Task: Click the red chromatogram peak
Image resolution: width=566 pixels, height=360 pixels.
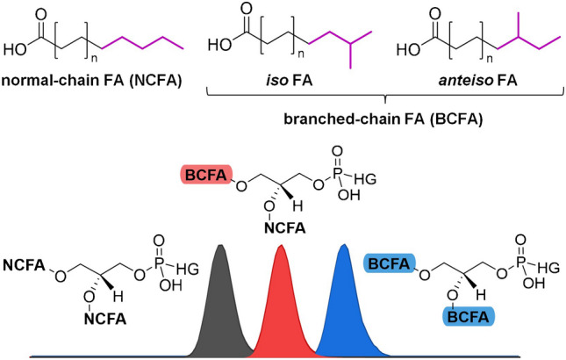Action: (281, 303)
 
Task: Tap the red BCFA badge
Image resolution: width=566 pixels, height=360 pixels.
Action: (204, 178)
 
